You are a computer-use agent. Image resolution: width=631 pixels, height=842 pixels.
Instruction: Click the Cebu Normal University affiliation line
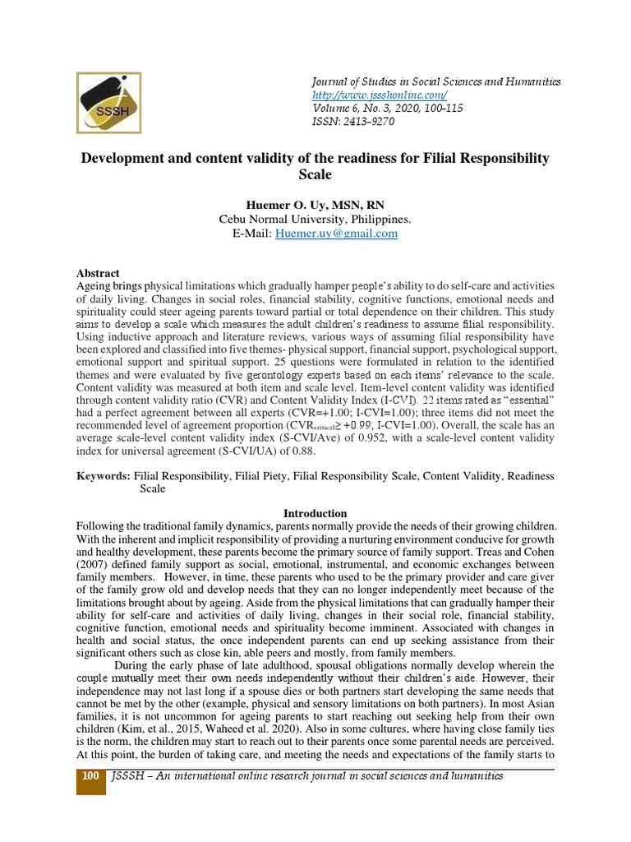click(315, 220)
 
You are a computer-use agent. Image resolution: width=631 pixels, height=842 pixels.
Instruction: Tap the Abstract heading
click(98, 273)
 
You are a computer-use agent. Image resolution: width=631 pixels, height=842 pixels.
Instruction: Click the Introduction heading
click(315, 513)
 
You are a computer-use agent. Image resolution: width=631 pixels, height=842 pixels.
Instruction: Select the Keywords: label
click(103, 476)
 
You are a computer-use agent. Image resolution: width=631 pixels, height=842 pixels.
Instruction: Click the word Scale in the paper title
click(315, 173)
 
